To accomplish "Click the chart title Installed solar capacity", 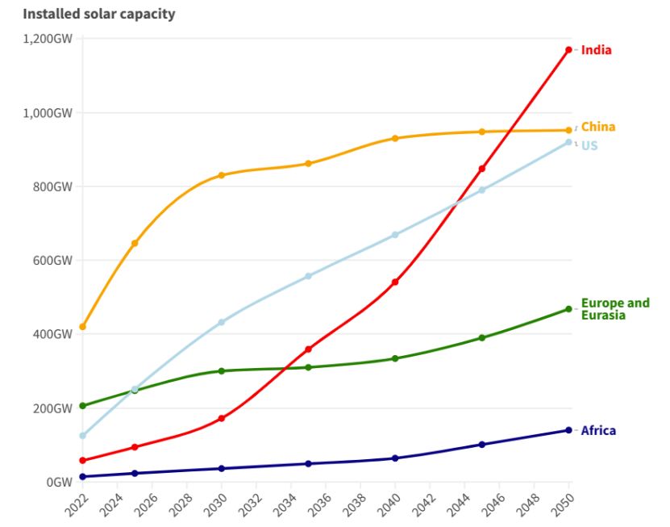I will coord(98,14).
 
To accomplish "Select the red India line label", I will coord(597,50).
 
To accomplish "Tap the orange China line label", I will coord(598,127).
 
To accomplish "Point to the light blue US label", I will coord(589,146).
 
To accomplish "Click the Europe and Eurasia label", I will coord(614,309).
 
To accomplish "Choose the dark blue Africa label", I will coord(598,431).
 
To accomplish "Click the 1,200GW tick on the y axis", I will coord(48,39).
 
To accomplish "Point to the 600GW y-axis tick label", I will coord(52,261).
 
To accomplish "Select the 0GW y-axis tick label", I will coord(59,483).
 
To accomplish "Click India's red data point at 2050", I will coord(568,50).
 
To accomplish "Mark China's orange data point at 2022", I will coord(82,327).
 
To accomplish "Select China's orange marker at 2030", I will coord(221,175).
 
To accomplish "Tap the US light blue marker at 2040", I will coord(395,235).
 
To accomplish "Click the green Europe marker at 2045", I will coord(481,337).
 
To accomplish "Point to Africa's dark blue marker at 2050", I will coord(568,430).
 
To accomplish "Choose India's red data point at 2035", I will coord(308,349).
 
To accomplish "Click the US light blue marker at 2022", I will coord(82,436).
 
